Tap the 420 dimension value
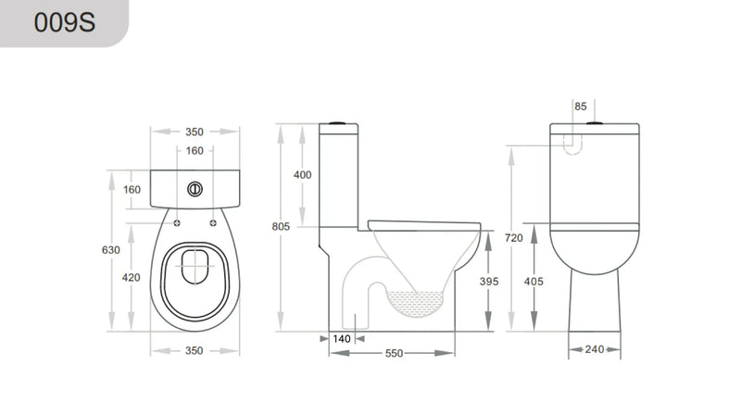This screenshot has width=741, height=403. click(x=132, y=276)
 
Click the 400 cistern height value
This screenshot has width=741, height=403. click(x=303, y=175)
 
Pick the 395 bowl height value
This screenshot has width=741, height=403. click(x=491, y=281)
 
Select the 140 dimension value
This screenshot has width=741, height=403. click(x=342, y=339)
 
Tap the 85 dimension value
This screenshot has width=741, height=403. click(x=581, y=107)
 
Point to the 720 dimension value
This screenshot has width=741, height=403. click(x=514, y=238)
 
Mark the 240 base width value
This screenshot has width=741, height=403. click(x=595, y=349)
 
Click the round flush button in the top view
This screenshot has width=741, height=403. click(x=195, y=189)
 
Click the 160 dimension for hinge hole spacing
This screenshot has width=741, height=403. click(x=195, y=151)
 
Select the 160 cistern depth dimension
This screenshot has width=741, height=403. click(x=132, y=190)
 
